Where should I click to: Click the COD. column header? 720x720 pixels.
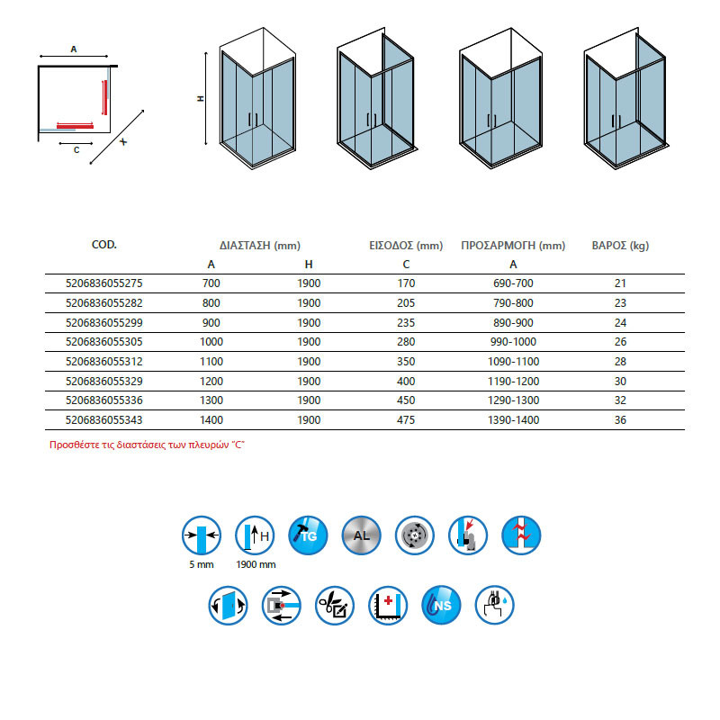104,245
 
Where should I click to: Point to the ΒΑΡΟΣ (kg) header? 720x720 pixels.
619,245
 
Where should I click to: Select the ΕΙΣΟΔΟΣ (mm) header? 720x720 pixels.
406,245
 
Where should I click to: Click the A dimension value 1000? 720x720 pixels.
211,343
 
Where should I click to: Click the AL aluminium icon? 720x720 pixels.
360,536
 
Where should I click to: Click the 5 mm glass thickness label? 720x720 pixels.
201,564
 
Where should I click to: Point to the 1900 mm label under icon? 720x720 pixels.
256,564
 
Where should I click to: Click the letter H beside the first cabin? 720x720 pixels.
200,99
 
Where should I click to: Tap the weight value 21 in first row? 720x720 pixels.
619,283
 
